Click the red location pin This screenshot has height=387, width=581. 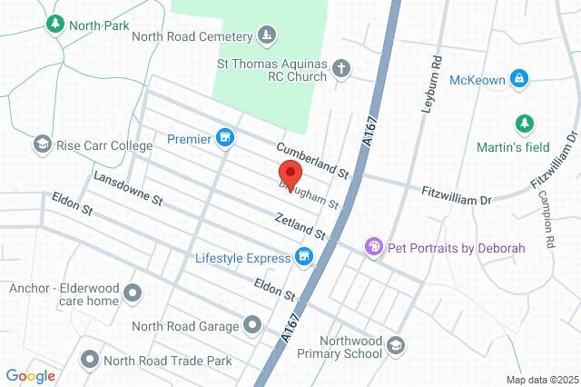(289, 174)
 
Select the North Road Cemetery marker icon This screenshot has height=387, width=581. (266, 36)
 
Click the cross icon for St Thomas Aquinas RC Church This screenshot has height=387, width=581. (341, 67)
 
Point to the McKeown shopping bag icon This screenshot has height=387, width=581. (520, 79)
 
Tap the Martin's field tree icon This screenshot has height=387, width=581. (524, 123)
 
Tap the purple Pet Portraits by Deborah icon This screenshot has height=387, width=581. (372, 246)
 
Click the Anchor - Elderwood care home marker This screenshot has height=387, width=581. (133, 293)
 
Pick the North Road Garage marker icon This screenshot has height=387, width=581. (251, 325)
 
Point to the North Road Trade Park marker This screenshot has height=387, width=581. (89, 360)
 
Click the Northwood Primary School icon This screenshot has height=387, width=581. (395, 344)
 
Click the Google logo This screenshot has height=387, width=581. (30, 375)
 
